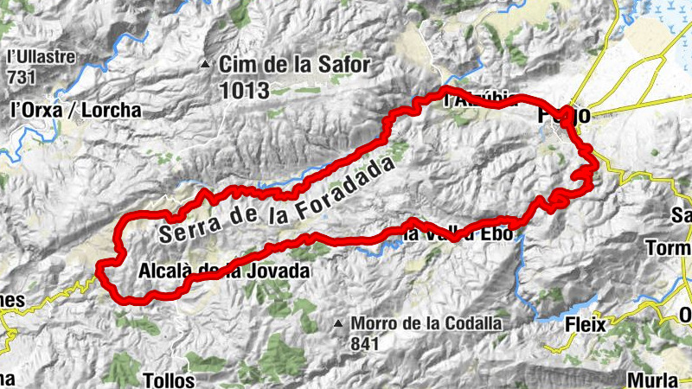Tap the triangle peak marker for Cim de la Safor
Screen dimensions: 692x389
205,64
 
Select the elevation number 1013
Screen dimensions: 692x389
245,89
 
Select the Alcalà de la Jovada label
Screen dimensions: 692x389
223,271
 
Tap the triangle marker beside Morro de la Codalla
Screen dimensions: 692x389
339,323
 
